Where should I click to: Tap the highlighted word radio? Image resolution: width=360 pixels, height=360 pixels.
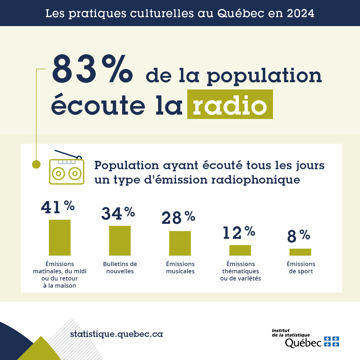coord(230,105)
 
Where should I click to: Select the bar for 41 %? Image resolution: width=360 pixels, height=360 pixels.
coord(60,238)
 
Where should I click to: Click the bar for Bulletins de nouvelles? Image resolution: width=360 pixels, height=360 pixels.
coord(120,241)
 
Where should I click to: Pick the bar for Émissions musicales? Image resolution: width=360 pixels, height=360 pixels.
coord(180,243)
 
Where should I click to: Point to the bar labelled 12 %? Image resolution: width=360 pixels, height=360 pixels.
coord(240,250)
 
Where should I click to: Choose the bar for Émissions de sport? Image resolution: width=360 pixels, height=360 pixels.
coord(300,252)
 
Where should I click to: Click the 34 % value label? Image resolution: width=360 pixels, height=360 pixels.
coord(118,213)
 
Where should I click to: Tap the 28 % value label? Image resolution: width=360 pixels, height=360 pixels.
coord(178,217)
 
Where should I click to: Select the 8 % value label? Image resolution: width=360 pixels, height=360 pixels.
coord(298,236)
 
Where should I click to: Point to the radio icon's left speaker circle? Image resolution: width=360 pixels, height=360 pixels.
coord(58,173)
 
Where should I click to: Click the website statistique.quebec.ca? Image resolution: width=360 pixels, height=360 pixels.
coord(116,334)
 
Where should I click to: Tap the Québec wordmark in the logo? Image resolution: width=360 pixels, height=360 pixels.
coord(303,343)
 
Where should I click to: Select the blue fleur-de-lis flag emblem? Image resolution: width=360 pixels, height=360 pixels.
coord(331,341)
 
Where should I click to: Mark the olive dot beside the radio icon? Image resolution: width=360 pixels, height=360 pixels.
coord(36,164)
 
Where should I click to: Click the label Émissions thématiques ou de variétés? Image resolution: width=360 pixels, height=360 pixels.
coord(241,271)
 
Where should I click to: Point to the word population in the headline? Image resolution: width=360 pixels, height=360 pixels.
coord(264,76)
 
